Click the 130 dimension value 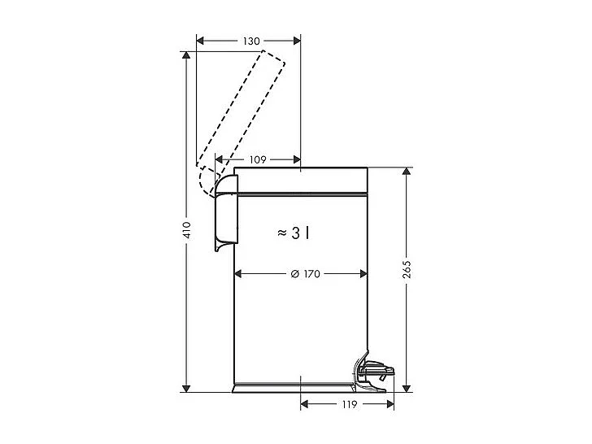click(250, 41)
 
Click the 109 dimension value click(257, 159)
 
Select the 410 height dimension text click(186, 230)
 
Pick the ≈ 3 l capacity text click(293, 233)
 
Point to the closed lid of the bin click(301, 180)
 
